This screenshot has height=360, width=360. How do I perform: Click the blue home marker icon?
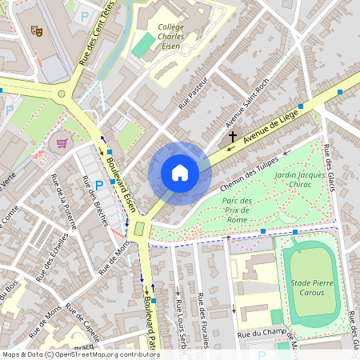click(x=180, y=173)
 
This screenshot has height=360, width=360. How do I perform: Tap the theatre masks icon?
click(x=36, y=30)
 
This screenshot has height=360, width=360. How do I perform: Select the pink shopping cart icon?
click(x=62, y=143)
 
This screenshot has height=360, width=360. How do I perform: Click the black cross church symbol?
click(x=233, y=137)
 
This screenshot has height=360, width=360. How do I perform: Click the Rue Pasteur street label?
click(x=193, y=92)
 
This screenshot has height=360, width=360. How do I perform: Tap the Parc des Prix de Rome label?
click(x=238, y=210)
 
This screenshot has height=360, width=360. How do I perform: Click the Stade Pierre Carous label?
click(x=308, y=287)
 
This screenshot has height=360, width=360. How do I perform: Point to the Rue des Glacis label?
click(x=330, y=169)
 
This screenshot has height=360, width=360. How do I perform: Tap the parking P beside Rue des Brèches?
click(x=99, y=186)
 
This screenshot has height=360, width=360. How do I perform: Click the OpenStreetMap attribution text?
click(x=80, y=354)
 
